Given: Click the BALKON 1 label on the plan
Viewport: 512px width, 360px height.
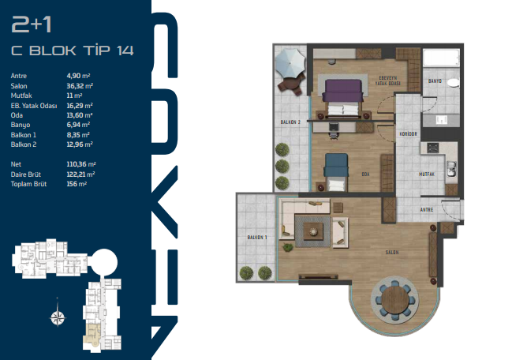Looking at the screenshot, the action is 257,238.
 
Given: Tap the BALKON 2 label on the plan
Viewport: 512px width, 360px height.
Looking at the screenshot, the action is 290,122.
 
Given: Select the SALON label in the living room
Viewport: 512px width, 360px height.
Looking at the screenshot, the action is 392,253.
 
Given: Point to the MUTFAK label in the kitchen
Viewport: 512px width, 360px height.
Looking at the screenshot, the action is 427,174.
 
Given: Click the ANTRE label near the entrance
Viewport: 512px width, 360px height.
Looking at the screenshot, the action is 427,210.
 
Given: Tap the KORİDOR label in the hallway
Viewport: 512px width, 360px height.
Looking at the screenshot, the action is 408,134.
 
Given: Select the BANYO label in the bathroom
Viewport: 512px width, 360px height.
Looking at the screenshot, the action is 435,81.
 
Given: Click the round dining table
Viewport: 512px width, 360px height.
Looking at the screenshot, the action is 394,300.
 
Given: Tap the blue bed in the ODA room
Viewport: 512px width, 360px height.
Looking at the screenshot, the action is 336,172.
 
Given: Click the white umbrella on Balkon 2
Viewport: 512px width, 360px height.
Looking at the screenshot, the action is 290,63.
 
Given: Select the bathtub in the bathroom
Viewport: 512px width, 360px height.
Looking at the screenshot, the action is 441,58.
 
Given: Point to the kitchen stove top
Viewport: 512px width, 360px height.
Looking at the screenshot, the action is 433,148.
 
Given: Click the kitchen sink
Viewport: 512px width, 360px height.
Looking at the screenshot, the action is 451,169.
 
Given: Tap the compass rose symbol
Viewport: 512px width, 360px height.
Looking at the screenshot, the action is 58,316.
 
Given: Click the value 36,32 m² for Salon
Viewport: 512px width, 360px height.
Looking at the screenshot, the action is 80,86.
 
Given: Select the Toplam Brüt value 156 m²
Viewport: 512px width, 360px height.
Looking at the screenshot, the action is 77,184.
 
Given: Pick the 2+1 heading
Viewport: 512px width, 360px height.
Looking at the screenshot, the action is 32,24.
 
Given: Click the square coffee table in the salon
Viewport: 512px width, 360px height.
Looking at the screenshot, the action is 313,231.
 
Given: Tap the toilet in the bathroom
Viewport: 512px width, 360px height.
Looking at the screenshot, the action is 453,83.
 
